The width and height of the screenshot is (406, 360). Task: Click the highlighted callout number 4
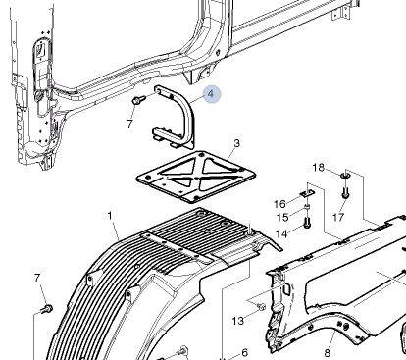coord(211,94)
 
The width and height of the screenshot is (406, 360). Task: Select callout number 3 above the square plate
coord(237,143)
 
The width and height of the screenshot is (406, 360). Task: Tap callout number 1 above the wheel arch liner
coord(110,216)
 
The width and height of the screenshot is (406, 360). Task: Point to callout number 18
coord(318,168)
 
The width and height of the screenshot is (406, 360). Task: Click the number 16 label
coord(279,204)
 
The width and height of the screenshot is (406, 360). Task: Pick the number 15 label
coord(282,217)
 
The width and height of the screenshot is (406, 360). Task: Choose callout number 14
coord(281,233)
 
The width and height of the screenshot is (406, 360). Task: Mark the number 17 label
coord(338,217)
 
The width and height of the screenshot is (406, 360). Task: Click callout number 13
coord(238,321)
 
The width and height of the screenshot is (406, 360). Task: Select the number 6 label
coord(245,353)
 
